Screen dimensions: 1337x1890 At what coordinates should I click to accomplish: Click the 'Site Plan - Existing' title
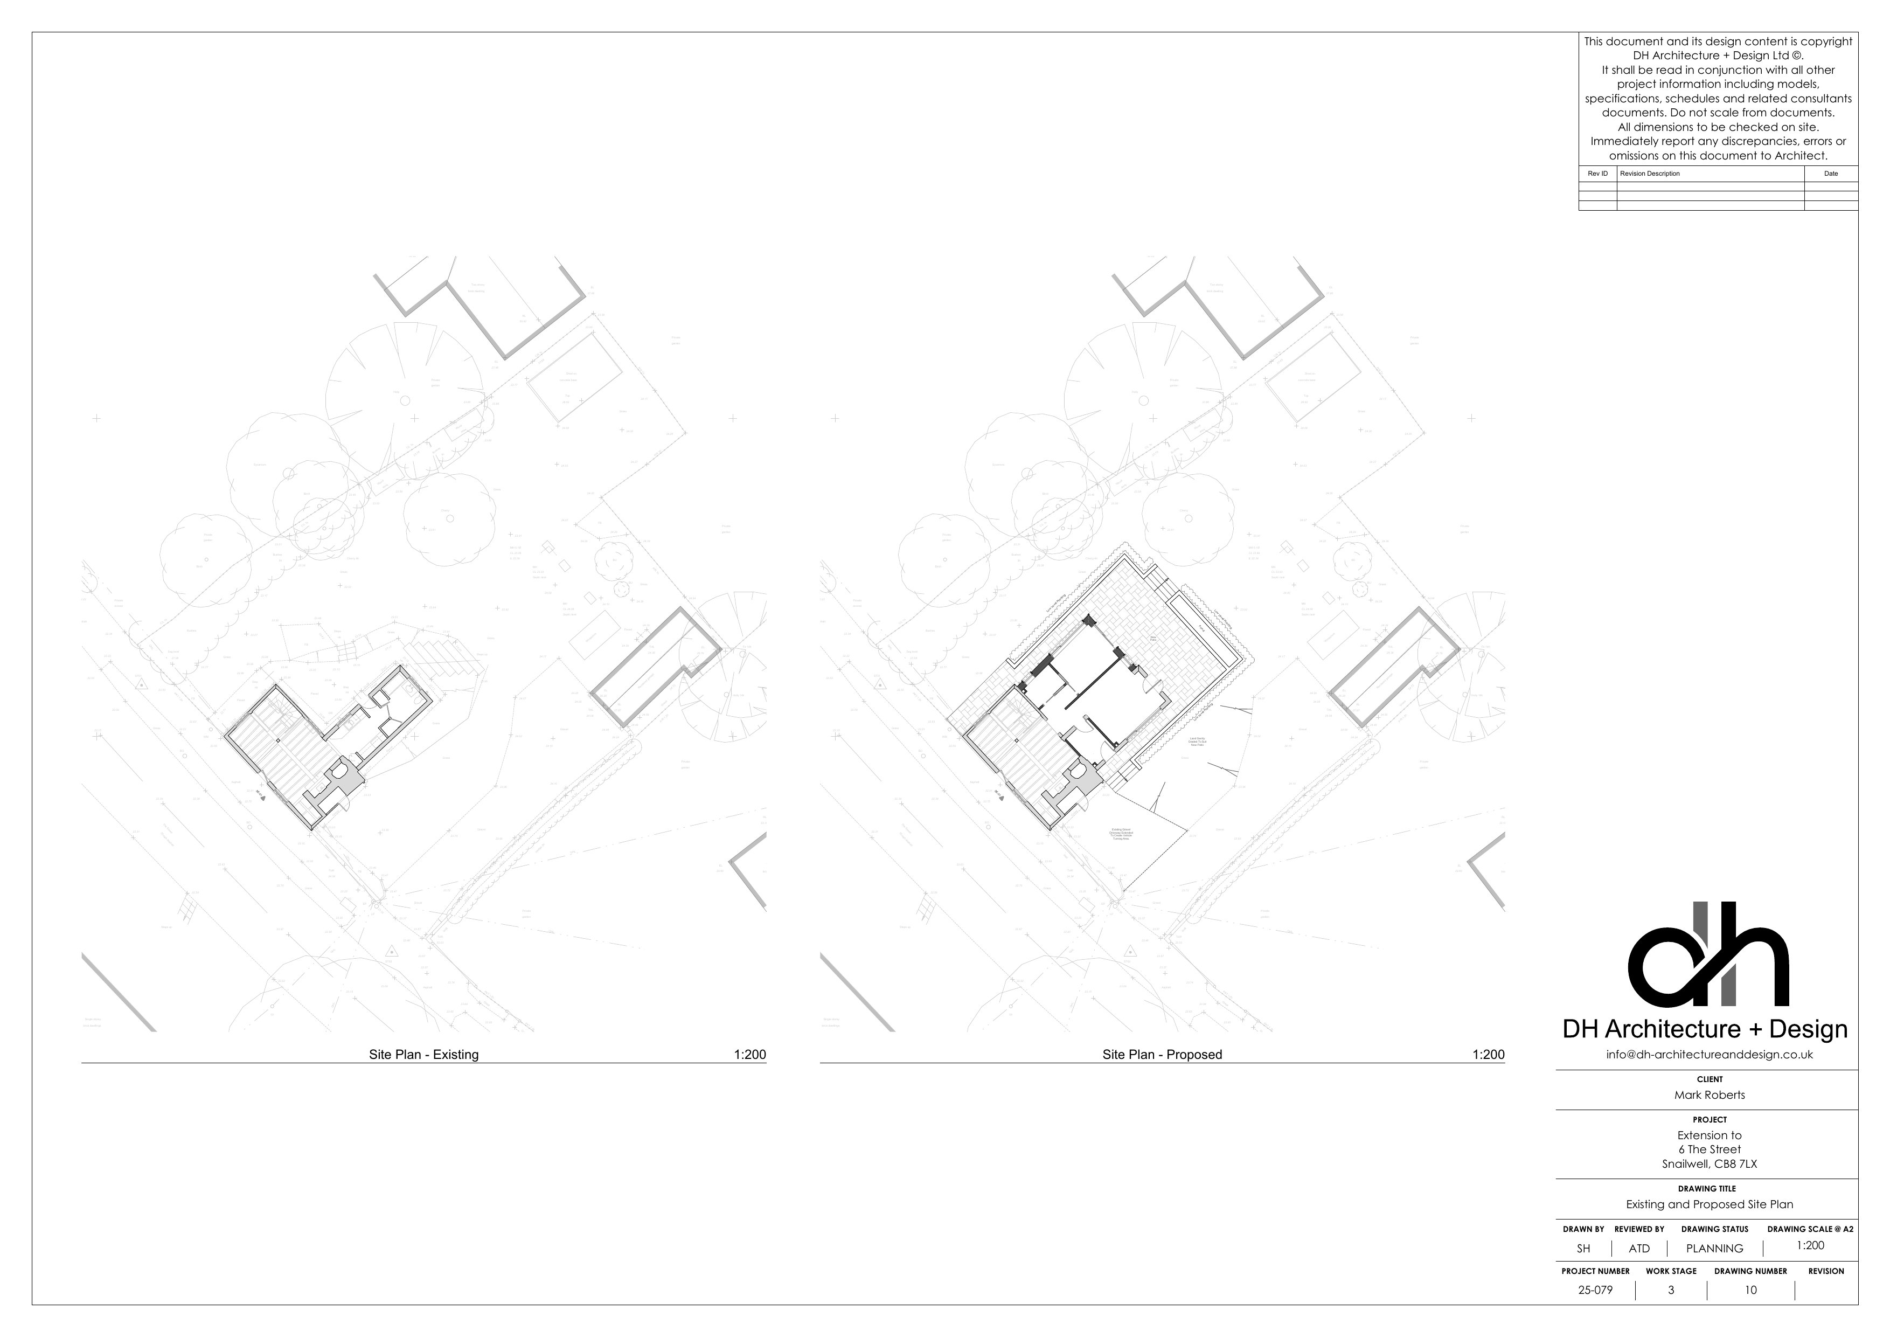tap(423, 1055)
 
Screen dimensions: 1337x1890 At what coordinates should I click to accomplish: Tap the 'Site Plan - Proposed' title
tap(1162, 1055)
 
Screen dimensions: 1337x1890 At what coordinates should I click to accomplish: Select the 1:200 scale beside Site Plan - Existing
tap(749, 1055)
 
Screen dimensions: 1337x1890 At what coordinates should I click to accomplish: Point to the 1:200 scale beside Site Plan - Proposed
tap(1488, 1055)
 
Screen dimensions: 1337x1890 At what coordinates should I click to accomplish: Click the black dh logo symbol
tap(1708, 955)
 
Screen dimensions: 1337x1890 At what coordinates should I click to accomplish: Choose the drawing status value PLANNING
tap(1715, 1248)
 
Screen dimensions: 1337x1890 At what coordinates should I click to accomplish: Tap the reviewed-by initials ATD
tap(1639, 1248)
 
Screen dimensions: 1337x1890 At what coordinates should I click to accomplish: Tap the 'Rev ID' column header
tap(1597, 174)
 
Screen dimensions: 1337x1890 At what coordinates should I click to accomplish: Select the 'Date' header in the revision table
tap(1831, 174)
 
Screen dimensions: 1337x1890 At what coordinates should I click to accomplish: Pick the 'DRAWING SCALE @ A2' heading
tap(1810, 1229)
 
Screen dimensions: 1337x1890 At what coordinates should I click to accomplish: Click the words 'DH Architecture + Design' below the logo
tap(1705, 1029)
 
